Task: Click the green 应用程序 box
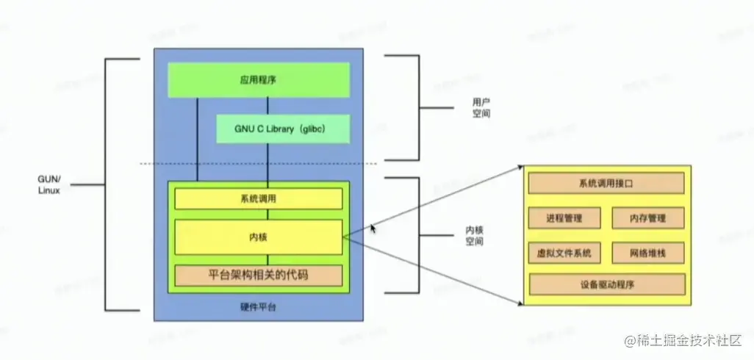coord(258,79)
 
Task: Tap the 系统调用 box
coord(258,198)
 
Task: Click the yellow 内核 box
coord(258,237)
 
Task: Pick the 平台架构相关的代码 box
coord(258,276)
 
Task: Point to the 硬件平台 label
coord(258,306)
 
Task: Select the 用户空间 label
coord(481,109)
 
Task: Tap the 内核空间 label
coord(475,235)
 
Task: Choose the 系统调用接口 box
coord(606,183)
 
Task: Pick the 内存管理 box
coord(647,218)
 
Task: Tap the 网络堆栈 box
coord(647,253)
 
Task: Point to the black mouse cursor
coord(373,228)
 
